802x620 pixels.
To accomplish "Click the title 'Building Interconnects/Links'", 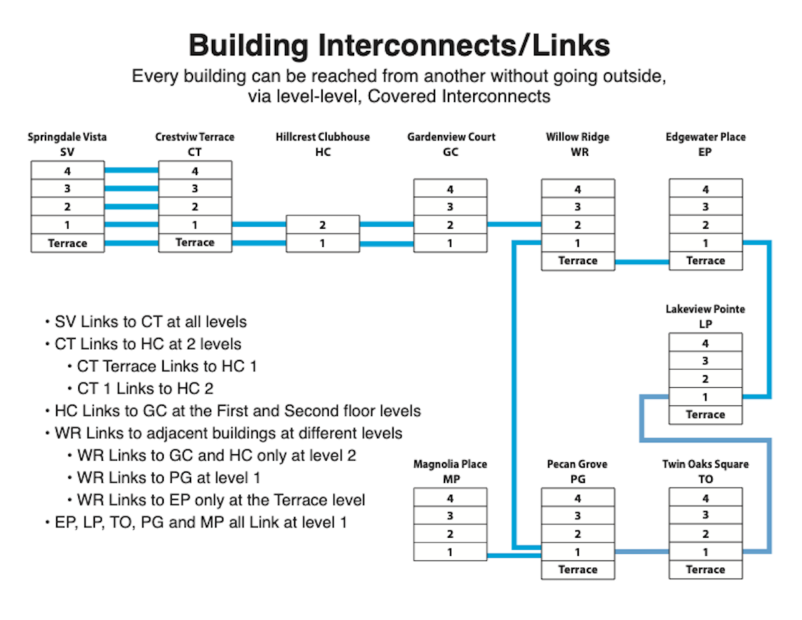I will coord(400,46).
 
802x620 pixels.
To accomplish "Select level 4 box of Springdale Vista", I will coord(68,171).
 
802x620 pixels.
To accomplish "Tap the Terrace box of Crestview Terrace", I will coord(194,243).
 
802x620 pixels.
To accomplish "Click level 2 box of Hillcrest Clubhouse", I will coord(323,225).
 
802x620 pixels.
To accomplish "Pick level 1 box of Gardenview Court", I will coord(450,243).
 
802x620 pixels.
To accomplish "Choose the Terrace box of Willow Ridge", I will coord(577,261).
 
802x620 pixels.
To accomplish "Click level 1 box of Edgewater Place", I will coord(706,243).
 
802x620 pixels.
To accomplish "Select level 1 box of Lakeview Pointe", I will coord(706,397).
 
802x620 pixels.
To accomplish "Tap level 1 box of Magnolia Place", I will coord(450,552).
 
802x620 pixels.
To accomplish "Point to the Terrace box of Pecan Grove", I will coord(577,570).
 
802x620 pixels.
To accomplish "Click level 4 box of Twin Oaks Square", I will coord(706,498).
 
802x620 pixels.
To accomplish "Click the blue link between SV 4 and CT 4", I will coord(131,171).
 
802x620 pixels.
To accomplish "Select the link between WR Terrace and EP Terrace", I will coord(642,262).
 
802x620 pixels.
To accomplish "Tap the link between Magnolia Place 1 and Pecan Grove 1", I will coord(513,555).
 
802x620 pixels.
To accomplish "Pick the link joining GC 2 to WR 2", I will coord(513,224).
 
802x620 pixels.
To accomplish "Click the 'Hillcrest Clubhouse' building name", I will coord(323,137).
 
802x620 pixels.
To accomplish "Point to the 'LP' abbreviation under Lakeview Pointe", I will coord(705,324).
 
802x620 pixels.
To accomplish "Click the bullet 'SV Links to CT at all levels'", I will coord(150,322).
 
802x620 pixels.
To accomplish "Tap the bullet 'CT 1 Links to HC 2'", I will coord(144,388).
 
